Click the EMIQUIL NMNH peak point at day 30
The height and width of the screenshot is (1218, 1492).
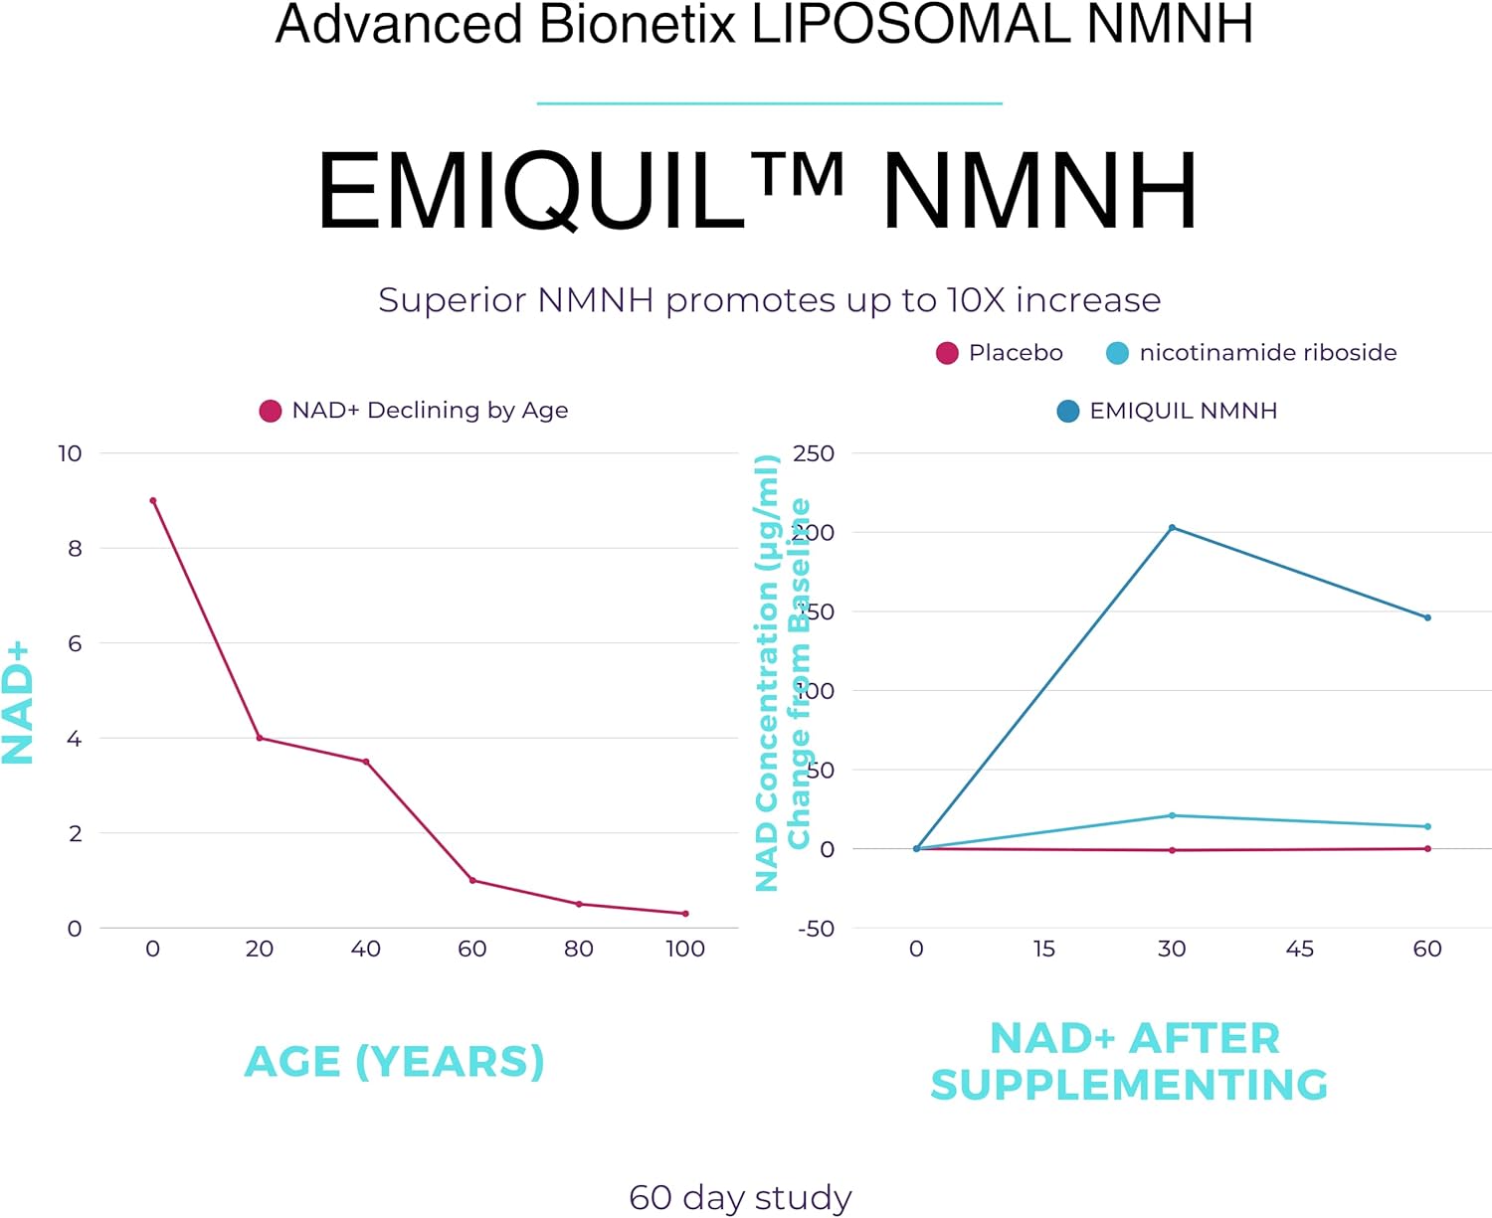1172,528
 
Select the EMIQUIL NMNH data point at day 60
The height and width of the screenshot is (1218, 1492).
1427,617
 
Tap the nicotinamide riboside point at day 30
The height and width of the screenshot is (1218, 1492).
1172,815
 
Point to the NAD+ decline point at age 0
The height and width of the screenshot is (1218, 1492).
152,501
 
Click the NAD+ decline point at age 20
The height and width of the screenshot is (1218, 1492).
260,738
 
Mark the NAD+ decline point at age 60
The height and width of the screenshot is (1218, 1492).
472,880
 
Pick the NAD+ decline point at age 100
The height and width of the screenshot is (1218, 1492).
685,914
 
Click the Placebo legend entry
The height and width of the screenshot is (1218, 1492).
1000,353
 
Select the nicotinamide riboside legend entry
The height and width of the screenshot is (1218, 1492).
1251,353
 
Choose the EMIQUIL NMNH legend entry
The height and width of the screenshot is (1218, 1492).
1167,411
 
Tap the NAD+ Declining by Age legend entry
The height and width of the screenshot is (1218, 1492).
414,411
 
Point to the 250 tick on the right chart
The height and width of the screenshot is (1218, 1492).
813,453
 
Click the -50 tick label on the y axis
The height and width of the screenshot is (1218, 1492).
816,929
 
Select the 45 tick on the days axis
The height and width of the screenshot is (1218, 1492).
1299,949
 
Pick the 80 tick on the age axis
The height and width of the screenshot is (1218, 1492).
579,949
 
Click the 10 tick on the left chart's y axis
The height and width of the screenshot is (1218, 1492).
70,453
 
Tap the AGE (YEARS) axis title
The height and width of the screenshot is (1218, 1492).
395,1062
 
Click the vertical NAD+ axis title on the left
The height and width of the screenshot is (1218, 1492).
18,702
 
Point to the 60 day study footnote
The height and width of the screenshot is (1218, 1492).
740,1197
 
